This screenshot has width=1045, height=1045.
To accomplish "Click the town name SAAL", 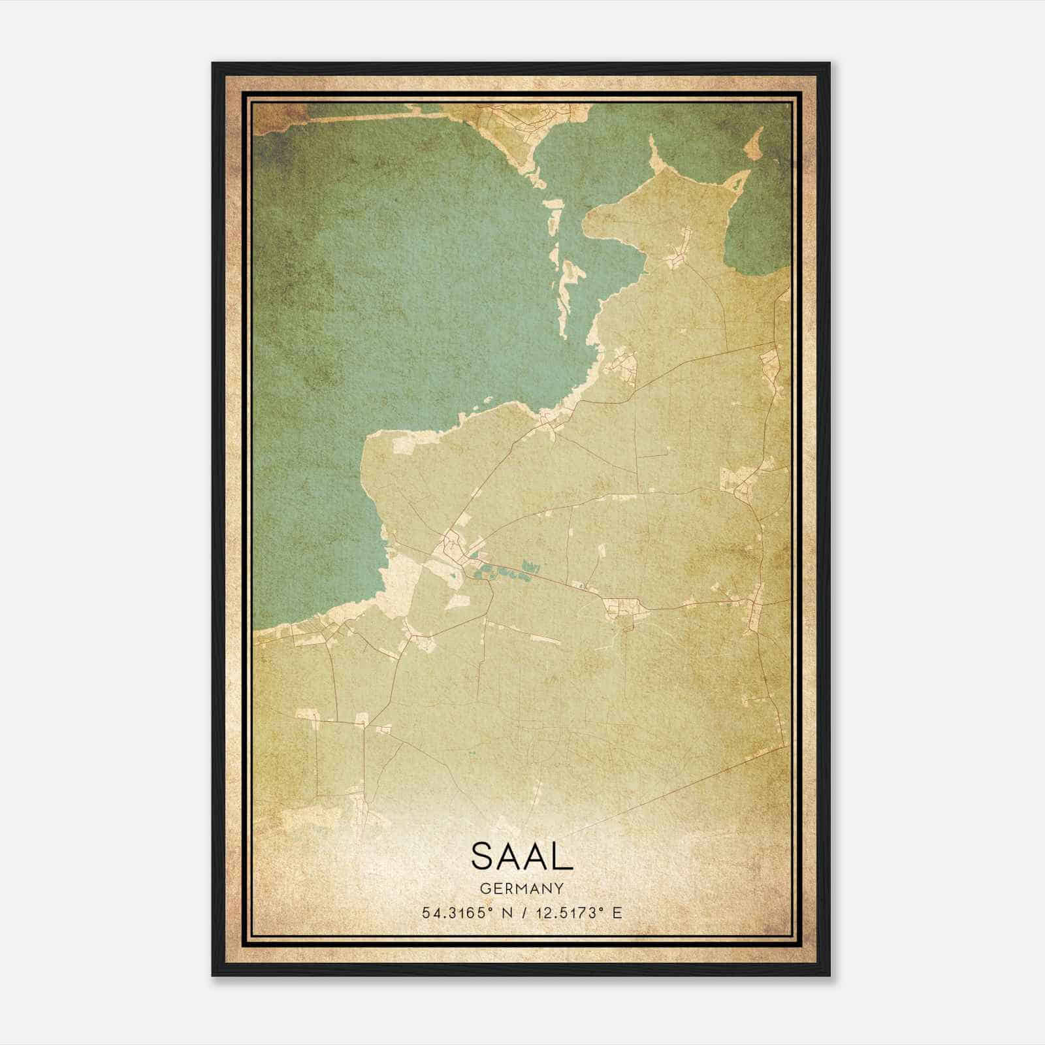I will pos(521,856).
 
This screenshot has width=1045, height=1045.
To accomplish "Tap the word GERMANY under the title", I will pos(521,888).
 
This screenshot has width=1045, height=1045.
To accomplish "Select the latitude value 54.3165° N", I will pos(464,912).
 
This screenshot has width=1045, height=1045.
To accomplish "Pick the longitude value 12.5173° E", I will pos(579,912).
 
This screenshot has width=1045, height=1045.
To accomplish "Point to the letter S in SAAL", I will pos(483,856).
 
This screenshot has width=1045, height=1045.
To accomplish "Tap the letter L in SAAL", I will pos(563,856).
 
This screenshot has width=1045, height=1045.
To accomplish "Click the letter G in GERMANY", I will pos(485,888).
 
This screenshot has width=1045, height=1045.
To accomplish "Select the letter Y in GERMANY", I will pos(559,888).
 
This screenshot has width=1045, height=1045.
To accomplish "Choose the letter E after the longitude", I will pos(617,912).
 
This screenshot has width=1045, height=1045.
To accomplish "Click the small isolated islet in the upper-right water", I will pos(756,142).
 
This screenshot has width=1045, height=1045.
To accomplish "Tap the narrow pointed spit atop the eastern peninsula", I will pos(654,157).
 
